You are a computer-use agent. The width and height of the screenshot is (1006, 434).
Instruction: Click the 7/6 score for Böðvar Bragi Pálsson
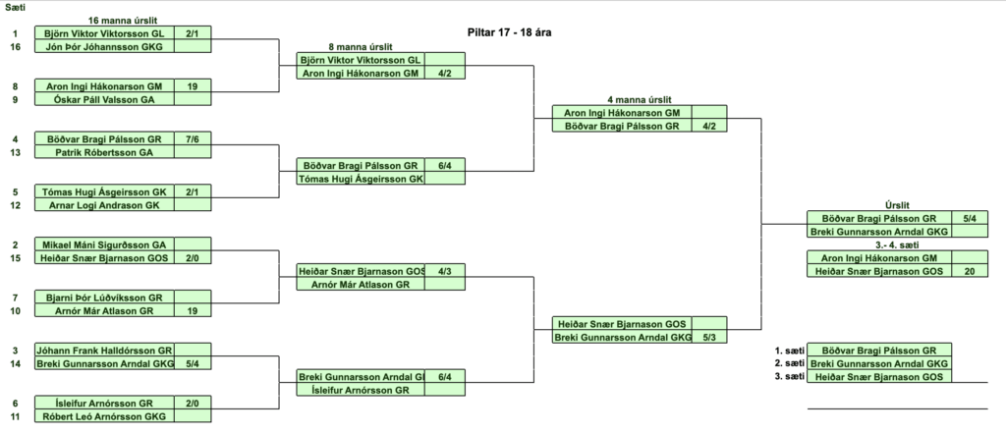[192, 139]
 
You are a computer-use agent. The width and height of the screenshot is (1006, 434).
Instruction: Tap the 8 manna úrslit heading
[363, 47]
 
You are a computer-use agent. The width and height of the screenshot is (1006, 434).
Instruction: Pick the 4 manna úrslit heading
[639, 100]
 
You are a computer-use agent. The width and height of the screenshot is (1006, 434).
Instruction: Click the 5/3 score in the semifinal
[709, 337]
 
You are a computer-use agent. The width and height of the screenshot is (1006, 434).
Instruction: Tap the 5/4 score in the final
[968, 218]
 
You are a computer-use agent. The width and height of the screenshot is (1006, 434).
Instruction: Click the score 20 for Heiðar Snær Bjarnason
[968, 271]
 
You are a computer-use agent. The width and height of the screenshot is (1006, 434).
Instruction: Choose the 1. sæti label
[789, 350]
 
